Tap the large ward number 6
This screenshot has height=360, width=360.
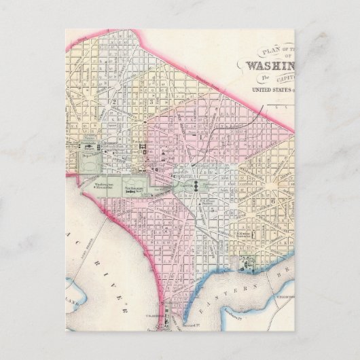click(272, 202)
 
